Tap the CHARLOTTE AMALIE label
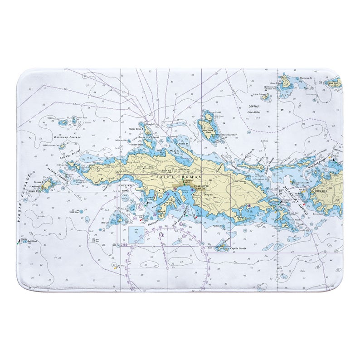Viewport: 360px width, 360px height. tap(203, 188)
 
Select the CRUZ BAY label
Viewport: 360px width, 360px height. tap(321, 191)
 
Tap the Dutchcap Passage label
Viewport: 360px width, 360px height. tap(67, 137)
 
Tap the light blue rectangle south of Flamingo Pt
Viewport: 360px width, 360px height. tap(136, 235)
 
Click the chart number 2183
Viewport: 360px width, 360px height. tap(124, 245)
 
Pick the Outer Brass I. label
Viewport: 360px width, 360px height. tap(135, 129)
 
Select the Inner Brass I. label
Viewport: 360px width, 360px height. tap(136, 145)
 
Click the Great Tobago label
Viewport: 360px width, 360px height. tap(276, 83)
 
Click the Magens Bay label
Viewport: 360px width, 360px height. tap(174, 153)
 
